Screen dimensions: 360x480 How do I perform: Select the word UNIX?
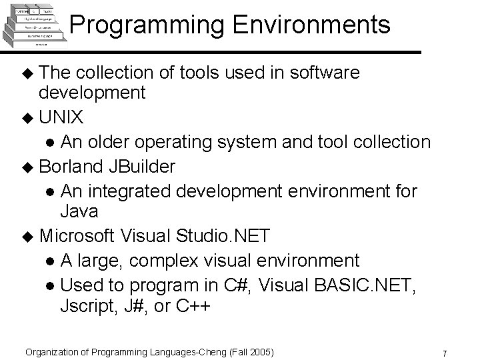tap(61, 118)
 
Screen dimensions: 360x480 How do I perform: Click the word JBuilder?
tap(143, 167)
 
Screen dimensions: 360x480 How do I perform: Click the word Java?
tap(79, 212)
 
